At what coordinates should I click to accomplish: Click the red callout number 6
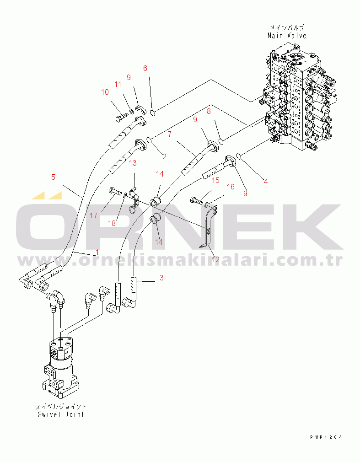pos(145,68)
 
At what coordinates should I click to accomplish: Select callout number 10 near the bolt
pos(105,92)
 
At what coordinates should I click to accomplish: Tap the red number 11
pos(118,85)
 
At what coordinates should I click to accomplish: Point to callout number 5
pos(53,177)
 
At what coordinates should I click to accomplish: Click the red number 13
pos(133,163)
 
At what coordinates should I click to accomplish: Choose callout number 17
pos(93,216)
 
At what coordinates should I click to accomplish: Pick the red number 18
pos(112,223)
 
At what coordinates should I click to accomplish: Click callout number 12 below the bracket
pos(215,259)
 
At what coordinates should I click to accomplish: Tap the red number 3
pos(161,278)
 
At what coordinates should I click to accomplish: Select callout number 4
pos(266,182)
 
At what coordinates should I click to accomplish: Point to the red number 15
pos(215,180)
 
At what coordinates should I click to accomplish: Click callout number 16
pos(231,187)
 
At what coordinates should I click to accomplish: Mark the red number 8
pos(209,111)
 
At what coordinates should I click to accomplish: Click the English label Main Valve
pos(287,36)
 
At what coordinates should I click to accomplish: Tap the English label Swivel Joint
pos(61,414)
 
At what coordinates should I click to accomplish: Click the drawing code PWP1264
pos(326,437)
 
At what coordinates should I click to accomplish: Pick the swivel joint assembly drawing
pos(61,366)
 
